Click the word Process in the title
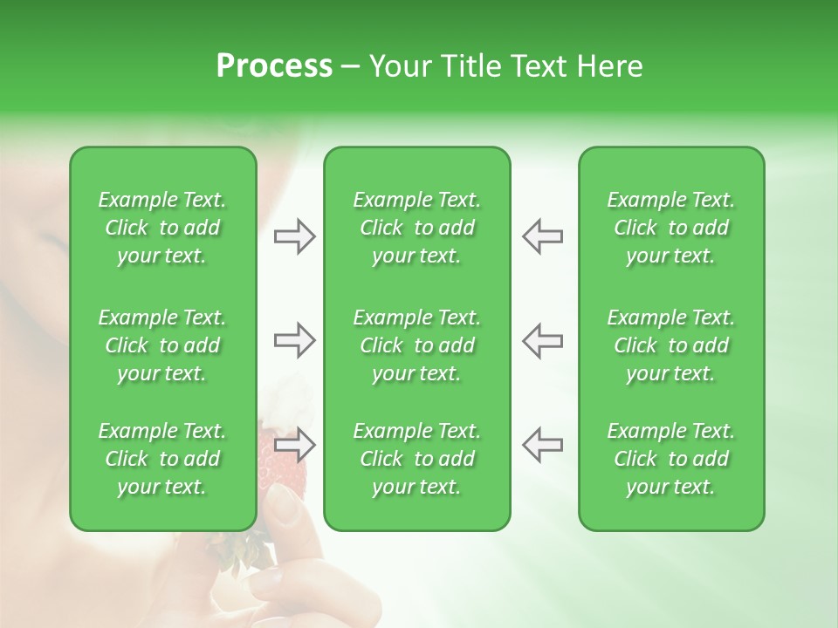coord(273,66)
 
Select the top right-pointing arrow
coord(295,236)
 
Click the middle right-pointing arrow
coord(295,340)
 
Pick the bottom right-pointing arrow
coord(295,445)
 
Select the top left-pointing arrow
coord(543,236)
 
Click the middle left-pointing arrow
coord(543,340)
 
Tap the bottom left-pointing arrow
coord(543,445)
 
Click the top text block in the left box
coord(162,228)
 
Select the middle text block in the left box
coord(162,345)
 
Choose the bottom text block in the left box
coord(162,459)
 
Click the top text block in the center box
coord(416,228)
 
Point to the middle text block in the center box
coord(416,345)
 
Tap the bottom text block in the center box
coord(416,459)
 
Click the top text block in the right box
coord(670,228)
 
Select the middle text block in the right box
coord(670,345)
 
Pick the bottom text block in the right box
coord(670,459)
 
